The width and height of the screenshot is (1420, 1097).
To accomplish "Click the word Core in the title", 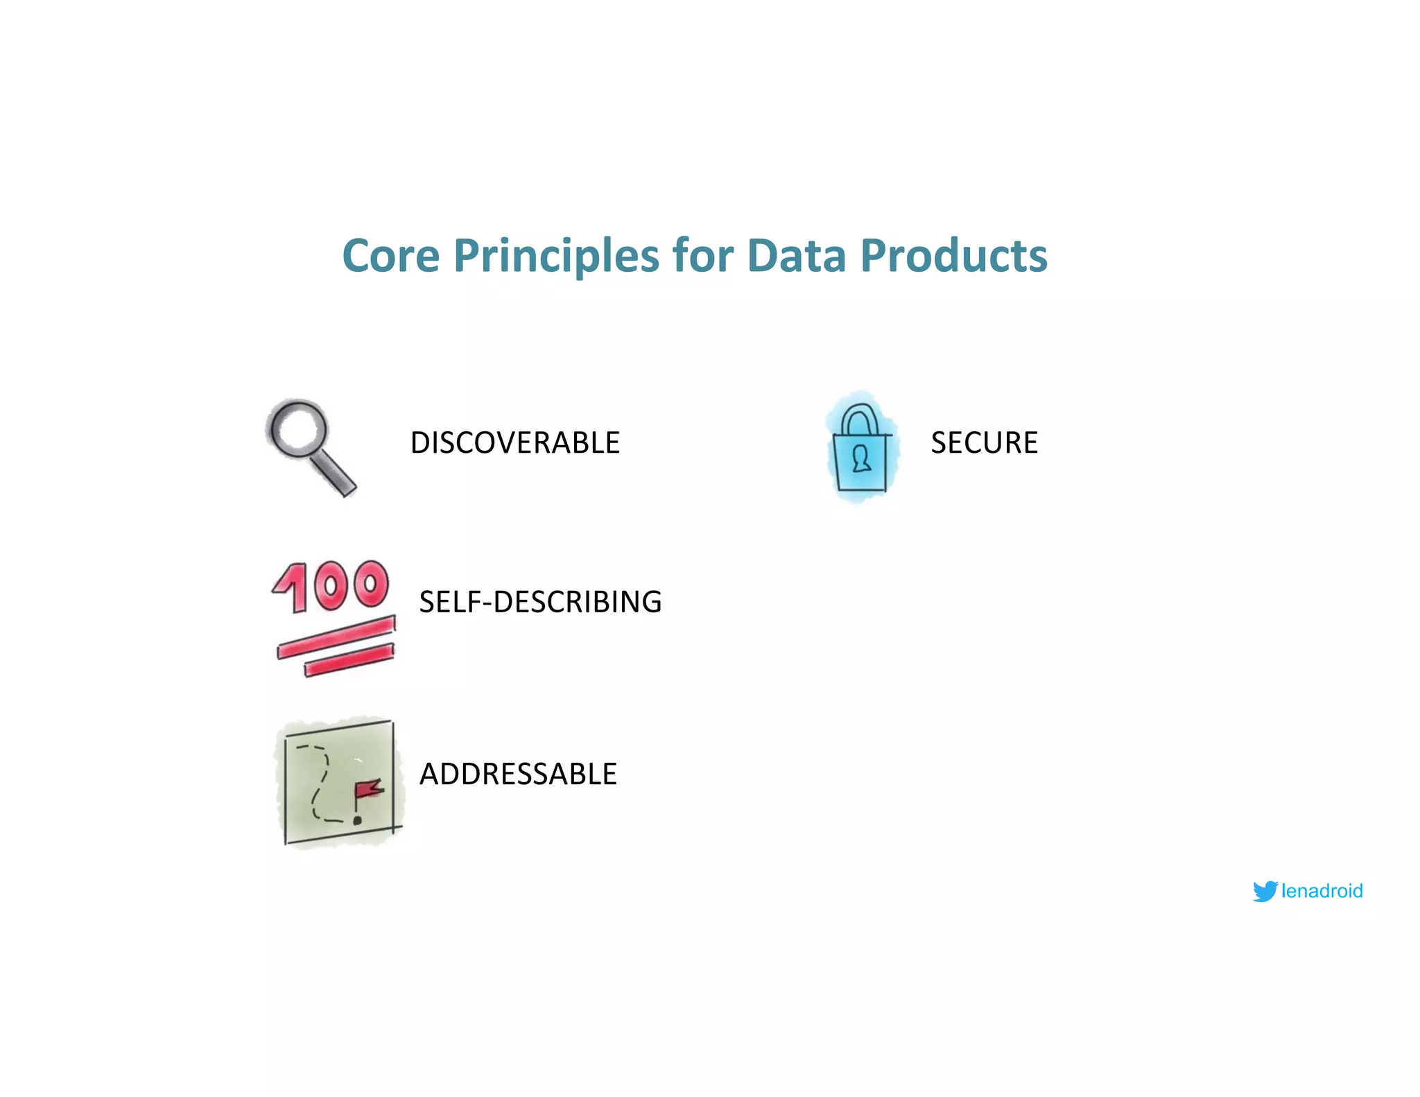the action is tap(391, 256).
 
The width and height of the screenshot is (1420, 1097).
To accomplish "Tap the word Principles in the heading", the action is tap(556, 256).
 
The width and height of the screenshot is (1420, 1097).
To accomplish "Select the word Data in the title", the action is tap(797, 256).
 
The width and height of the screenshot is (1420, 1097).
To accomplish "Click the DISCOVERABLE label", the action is tap(514, 442).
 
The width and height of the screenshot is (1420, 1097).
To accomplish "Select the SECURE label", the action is tap(984, 442).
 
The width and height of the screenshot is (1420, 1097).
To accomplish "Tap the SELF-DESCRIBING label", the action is tap(540, 602).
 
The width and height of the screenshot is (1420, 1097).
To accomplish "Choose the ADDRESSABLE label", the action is tap(518, 774).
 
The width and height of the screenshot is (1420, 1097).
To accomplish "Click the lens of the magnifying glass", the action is tap(299, 428).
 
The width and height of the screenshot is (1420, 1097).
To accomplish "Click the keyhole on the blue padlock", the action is tap(861, 458).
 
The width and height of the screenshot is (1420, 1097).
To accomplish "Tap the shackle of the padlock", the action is tap(859, 415).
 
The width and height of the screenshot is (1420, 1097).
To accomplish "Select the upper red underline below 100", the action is tap(336, 637).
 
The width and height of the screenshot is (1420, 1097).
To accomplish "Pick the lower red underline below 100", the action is tap(349, 660).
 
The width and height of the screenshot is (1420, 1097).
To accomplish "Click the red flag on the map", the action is tap(368, 789).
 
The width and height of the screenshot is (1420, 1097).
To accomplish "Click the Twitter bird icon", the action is tap(1265, 891).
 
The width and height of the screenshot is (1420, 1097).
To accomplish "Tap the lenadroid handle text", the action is tap(1322, 891).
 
